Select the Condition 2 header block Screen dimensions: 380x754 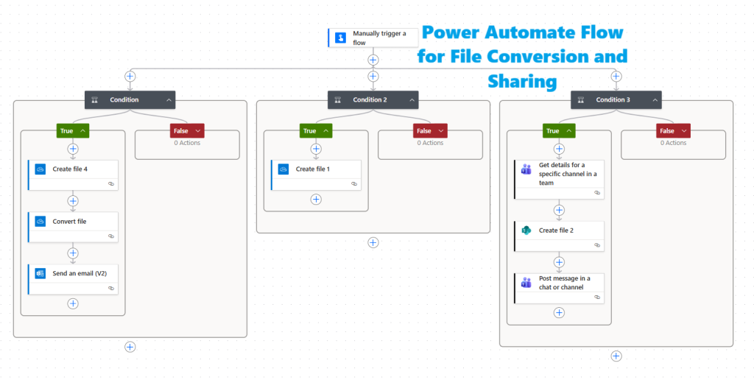point(373,99)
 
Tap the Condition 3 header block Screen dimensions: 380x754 point(616,99)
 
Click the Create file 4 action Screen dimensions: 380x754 point(73,169)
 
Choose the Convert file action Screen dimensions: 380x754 point(73,221)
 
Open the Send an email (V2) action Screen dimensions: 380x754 point(73,273)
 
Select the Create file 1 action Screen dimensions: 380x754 point(316,169)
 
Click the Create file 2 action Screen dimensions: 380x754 point(559,231)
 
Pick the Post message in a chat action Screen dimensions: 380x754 point(559,283)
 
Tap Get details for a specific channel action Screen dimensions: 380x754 point(559,174)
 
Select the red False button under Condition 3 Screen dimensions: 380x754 point(673,131)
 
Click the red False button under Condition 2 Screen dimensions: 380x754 point(430,131)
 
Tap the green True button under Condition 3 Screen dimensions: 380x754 point(559,131)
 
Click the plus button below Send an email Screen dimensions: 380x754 point(73,303)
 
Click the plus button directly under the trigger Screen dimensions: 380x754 point(373,60)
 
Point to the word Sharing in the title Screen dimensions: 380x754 point(521,80)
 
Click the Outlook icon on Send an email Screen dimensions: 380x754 point(40,273)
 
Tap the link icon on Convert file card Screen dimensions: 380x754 point(110,236)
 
